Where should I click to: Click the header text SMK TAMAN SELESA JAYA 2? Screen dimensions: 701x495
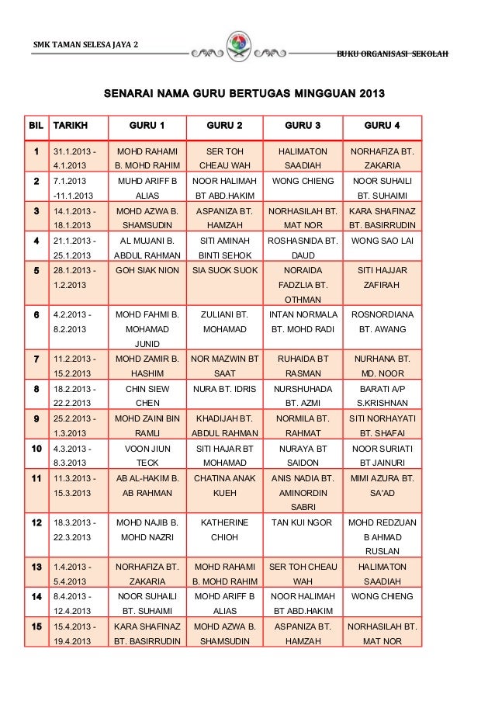point(86,43)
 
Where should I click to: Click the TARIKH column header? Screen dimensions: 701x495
point(70,126)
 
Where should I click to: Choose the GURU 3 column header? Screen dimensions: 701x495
point(303,126)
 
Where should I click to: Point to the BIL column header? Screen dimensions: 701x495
point(36,126)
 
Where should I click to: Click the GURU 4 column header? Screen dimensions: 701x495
point(382,126)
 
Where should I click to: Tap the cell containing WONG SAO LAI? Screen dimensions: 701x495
point(382,241)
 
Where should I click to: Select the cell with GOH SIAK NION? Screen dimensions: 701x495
point(147,271)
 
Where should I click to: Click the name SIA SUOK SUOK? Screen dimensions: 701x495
point(224,271)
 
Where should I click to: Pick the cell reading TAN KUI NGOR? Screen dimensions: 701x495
point(303,522)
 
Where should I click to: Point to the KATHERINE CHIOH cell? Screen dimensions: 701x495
point(224,529)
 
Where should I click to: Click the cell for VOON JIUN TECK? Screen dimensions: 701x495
point(147,456)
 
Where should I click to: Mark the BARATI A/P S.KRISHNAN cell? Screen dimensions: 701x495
point(382,395)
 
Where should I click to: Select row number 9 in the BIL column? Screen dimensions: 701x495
point(36,418)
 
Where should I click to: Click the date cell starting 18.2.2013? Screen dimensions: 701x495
point(75,395)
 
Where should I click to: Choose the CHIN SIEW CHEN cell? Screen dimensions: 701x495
point(147,395)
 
